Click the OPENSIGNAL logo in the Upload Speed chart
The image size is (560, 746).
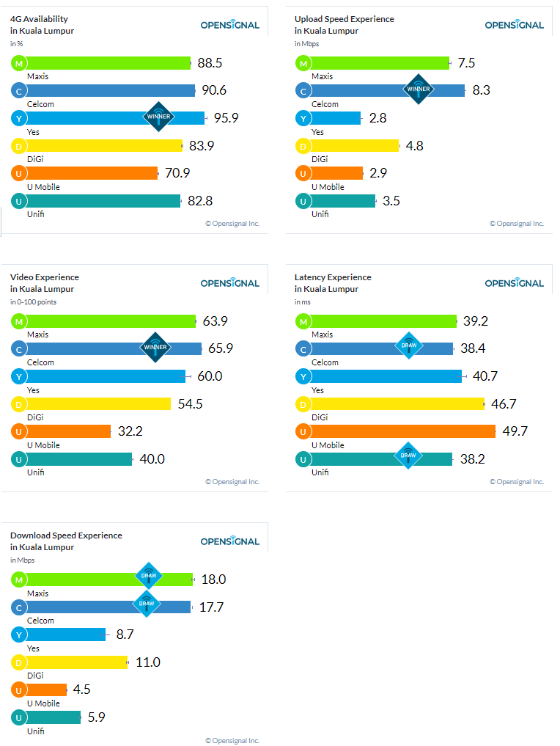click(x=514, y=25)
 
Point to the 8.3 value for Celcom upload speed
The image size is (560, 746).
click(x=481, y=90)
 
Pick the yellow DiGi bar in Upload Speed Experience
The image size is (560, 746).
click(x=354, y=146)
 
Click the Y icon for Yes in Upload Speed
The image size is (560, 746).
click(x=303, y=118)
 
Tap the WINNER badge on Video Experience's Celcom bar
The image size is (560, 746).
click(x=155, y=348)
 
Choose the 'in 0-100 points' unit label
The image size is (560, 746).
click(x=33, y=302)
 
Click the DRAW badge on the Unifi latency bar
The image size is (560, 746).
click(x=408, y=456)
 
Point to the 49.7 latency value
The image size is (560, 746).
click(x=515, y=431)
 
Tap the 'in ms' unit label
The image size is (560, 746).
click(x=303, y=302)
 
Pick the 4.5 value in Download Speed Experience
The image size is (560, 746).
click(x=82, y=690)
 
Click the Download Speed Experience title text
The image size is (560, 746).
click(x=66, y=535)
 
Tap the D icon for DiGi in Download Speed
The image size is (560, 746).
click(x=18, y=662)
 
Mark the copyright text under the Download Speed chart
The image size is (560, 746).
click(x=232, y=740)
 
